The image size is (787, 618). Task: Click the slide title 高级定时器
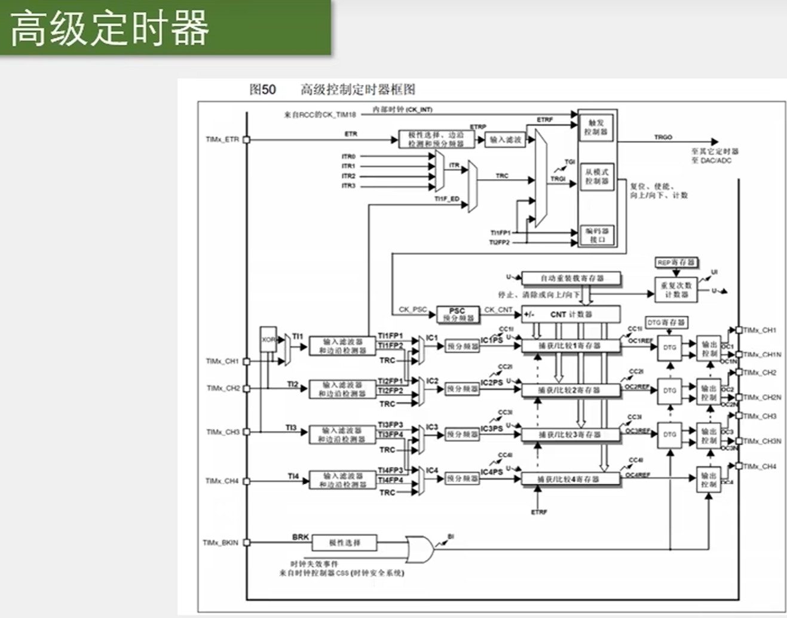click(x=109, y=28)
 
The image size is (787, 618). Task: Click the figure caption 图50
click(x=262, y=90)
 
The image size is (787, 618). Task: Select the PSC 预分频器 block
click(x=458, y=314)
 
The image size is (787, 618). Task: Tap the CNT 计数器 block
click(x=571, y=314)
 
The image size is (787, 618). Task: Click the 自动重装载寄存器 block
click(x=571, y=278)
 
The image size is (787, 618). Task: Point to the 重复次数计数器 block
click(x=675, y=290)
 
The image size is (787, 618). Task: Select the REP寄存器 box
click(x=676, y=263)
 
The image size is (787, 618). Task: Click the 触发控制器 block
click(x=597, y=127)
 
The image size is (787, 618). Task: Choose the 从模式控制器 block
click(x=597, y=177)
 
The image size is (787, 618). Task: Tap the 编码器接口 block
click(x=597, y=235)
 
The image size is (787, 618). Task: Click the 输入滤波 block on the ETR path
click(x=506, y=140)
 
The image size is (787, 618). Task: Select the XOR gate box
click(x=268, y=340)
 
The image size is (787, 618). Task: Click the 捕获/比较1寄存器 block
click(x=570, y=346)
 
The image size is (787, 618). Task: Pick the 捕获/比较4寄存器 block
click(x=570, y=479)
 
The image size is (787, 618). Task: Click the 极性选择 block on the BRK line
click(x=344, y=543)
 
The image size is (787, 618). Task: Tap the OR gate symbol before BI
click(x=419, y=548)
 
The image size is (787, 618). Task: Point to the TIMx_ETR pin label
click(x=222, y=140)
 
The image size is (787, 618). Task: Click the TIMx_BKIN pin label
click(x=221, y=543)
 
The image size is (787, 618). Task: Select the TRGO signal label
click(x=663, y=137)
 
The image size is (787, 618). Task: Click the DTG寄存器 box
click(x=666, y=322)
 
